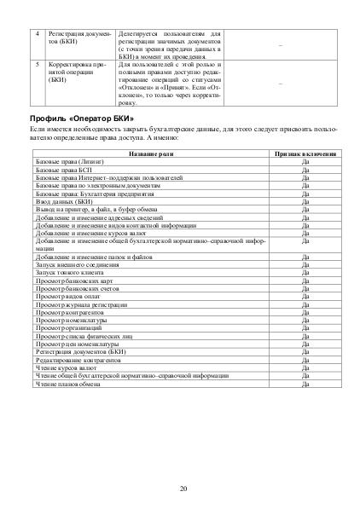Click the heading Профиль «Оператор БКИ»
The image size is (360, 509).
click(x=82, y=117)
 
